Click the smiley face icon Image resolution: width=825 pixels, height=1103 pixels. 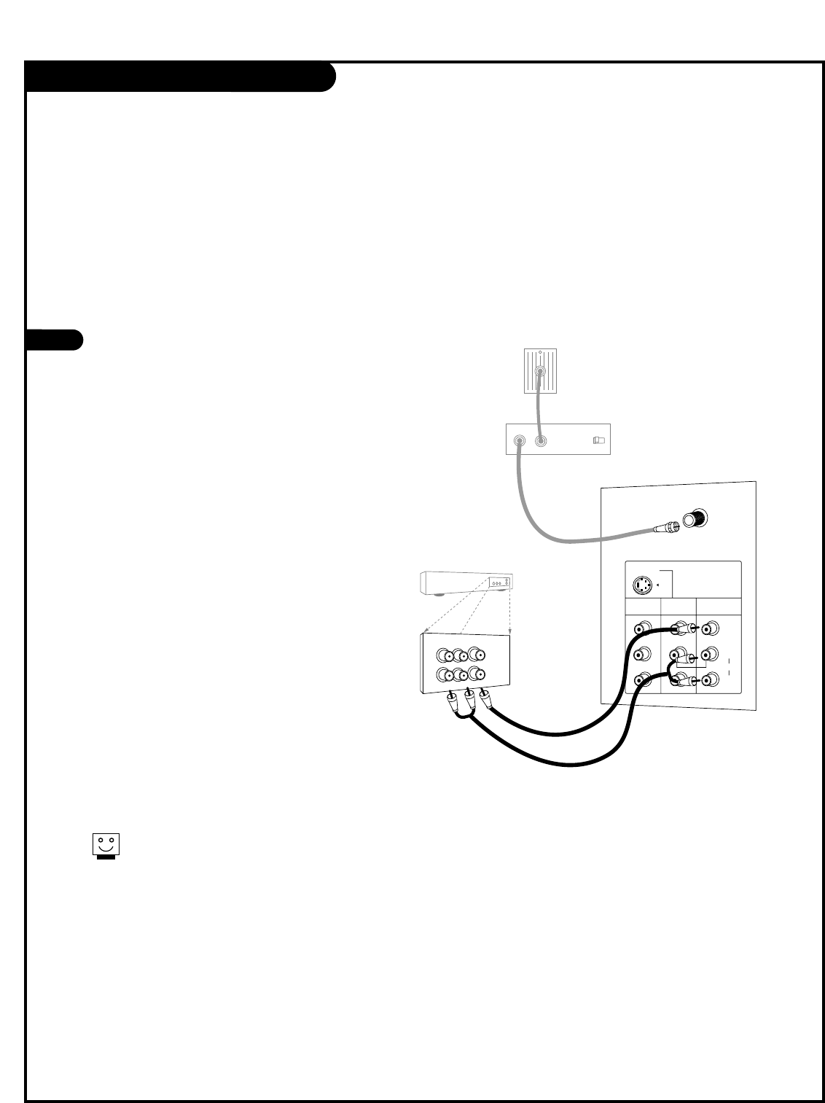(x=105, y=845)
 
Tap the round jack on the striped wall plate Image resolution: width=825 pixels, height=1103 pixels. (x=539, y=371)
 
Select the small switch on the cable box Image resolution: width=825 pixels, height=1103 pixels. (x=598, y=440)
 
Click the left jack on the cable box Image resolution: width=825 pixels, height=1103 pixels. (x=520, y=440)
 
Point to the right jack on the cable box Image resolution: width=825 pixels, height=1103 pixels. (x=541, y=440)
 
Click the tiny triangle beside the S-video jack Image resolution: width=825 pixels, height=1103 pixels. (x=658, y=585)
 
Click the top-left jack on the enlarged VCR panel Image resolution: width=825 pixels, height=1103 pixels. (x=443, y=654)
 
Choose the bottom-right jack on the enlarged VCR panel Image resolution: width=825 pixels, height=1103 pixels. (x=477, y=673)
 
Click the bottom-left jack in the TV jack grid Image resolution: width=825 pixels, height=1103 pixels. (x=642, y=679)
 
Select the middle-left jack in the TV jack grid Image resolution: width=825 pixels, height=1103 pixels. (x=642, y=653)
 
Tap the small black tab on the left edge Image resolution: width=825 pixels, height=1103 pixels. (x=54, y=340)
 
